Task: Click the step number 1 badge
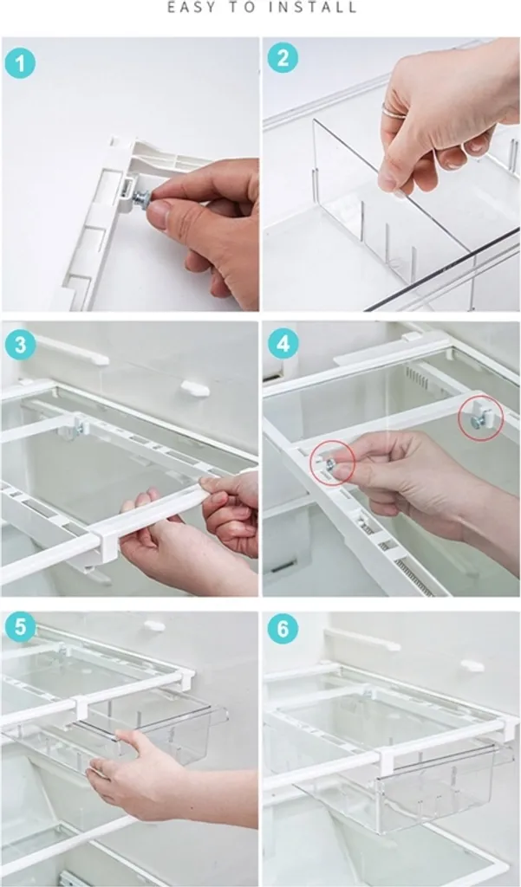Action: coord(21,63)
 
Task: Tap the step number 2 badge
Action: coord(283,58)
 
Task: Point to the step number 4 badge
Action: coord(283,343)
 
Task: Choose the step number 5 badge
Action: coord(21,627)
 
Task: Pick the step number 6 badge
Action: coord(283,629)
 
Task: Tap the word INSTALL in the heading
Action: coord(313,7)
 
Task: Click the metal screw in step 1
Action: coord(141,198)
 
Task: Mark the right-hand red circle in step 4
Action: coord(481,418)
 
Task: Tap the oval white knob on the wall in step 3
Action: coord(195,389)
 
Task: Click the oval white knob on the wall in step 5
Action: coord(154,626)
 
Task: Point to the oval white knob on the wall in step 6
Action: coord(472,665)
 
